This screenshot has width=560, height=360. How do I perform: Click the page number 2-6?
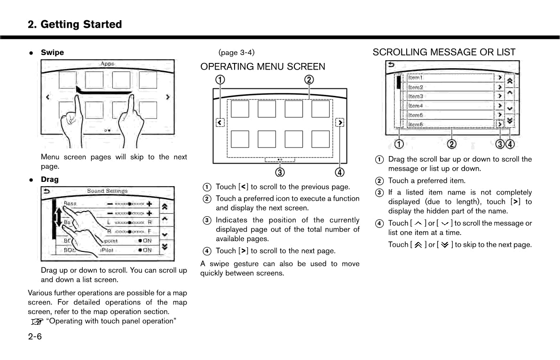pos(35,336)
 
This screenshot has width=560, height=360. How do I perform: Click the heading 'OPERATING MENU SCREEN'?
pos(262,67)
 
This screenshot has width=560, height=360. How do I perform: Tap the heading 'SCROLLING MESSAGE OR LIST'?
pos(444,52)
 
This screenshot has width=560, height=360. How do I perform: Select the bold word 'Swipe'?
pos(52,52)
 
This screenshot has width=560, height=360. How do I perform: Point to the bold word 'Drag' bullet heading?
pos(50,180)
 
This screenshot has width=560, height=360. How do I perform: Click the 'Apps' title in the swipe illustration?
pos(107,63)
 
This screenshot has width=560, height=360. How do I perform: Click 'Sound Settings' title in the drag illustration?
pos(107,191)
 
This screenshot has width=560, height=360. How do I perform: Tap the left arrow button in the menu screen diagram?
pos(220,123)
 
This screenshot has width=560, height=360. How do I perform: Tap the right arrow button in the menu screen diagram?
pos(340,123)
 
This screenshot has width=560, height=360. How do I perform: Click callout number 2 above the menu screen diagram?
pos(309,80)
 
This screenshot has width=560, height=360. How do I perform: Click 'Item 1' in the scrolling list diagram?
pos(415,78)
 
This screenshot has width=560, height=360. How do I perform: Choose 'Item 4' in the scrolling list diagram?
pos(415,106)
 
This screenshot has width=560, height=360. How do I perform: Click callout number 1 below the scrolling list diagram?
pos(399,143)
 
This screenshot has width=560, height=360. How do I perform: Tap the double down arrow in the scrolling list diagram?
pos(510,120)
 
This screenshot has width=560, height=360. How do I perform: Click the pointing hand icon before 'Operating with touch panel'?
pos(37,321)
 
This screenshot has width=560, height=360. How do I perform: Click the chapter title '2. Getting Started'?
pos(75,24)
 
